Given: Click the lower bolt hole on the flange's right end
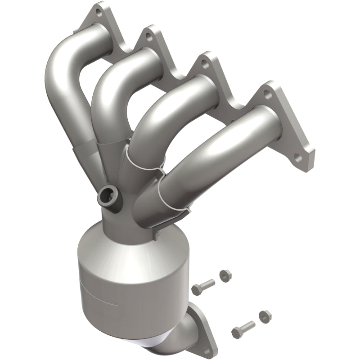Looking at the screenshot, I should [x=298, y=158].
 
